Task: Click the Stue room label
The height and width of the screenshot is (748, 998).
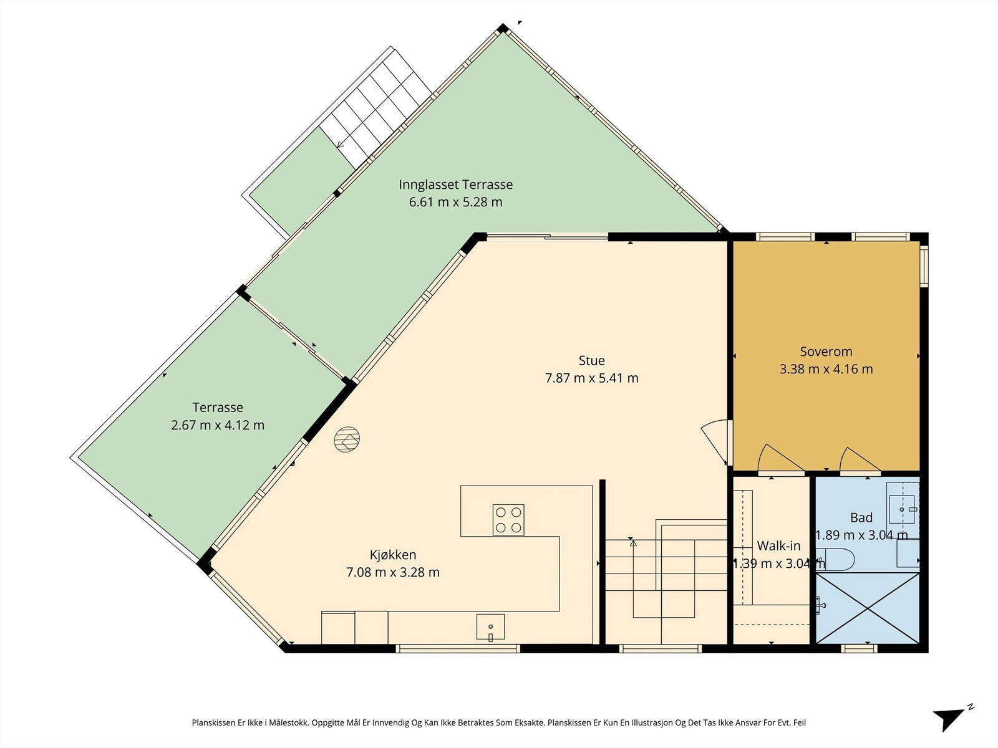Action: (x=591, y=361)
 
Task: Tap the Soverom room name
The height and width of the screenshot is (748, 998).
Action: (x=826, y=352)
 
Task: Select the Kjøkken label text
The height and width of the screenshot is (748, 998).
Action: (x=393, y=555)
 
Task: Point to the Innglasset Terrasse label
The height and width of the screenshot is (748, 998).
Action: (x=455, y=185)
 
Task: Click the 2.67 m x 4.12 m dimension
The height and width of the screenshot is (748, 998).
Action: (x=217, y=425)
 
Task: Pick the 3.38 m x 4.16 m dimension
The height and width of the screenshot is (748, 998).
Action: (x=826, y=369)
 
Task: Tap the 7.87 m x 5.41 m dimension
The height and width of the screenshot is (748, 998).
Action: (x=591, y=378)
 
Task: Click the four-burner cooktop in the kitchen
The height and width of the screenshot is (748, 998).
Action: (x=508, y=520)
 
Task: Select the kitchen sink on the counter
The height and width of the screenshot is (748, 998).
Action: (x=491, y=627)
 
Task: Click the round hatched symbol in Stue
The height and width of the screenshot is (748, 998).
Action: (x=346, y=439)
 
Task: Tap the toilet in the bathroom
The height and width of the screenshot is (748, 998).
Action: (x=836, y=560)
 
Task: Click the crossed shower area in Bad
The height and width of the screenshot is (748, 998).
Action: (x=868, y=608)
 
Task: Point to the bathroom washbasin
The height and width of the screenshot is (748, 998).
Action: (x=903, y=510)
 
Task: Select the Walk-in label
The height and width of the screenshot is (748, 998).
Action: (x=778, y=546)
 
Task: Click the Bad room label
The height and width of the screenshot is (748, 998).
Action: (x=861, y=518)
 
